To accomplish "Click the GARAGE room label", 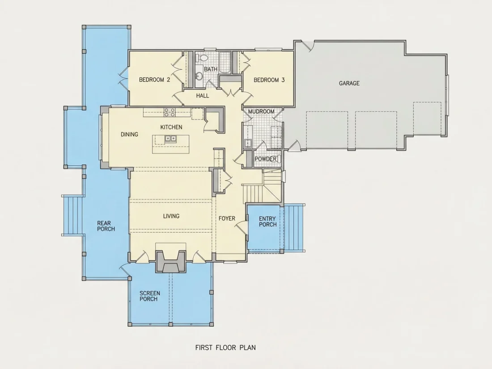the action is [x=349, y=83].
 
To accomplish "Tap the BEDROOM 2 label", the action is [x=154, y=80].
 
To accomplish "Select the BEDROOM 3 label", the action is [x=269, y=80].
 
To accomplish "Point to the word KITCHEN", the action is [x=171, y=127].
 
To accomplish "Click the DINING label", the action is [x=129, y=134].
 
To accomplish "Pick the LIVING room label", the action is [x=171, y=216].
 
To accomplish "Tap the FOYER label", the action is [x=227, y=218].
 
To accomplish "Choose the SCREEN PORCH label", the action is [x=150, y=296].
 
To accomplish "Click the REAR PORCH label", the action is [x=106, y=226].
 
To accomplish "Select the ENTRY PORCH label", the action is [x=267, y=221].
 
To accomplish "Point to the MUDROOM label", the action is [x=261, y=111].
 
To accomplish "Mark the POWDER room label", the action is [x=265, y=159].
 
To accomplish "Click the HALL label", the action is [x=202, y=96].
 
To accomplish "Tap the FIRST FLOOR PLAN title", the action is [x=225, y=348].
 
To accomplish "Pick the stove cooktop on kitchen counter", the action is [x=170, y=112].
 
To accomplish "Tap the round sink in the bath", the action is [x=198, y=76].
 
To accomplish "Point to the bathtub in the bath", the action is [x=225, y=63].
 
